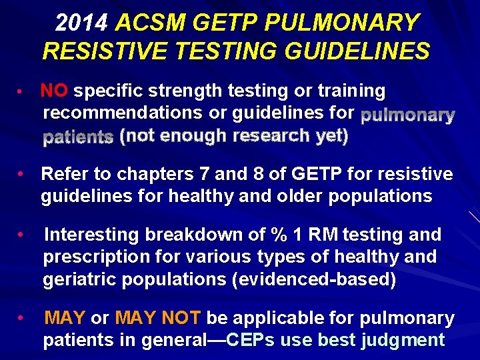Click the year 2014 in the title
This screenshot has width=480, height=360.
82,23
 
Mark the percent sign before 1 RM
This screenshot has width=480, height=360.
276,235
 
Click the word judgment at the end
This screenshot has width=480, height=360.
403,341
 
